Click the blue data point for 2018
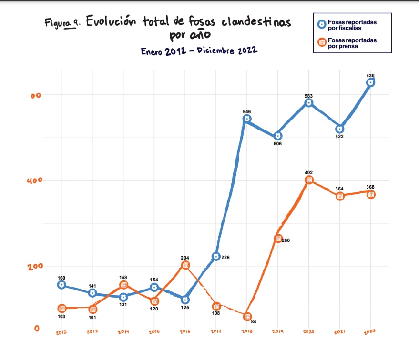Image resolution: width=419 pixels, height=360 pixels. tap(246, 119)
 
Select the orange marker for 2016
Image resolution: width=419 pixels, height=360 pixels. tap(185, 265)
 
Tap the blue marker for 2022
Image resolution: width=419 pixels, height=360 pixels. tap(370, 82)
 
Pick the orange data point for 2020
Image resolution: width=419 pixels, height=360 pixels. tap(309, 180)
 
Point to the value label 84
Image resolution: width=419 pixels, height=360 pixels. tap(254, 322)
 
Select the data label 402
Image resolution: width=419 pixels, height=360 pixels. tap(309, 172)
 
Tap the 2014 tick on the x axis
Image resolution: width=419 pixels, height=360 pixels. tap(123, 331)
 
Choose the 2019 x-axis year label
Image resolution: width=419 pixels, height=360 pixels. tap(278, 331)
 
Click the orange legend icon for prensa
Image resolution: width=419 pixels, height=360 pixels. tap(322, 43)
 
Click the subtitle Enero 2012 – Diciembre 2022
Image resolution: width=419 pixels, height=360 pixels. tap(199, 51)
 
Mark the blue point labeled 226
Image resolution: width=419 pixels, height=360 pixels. tap(216, 257)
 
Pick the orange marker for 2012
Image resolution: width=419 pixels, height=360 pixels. tap(61, 309)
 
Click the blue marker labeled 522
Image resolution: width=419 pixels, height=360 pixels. tap(339, 129)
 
